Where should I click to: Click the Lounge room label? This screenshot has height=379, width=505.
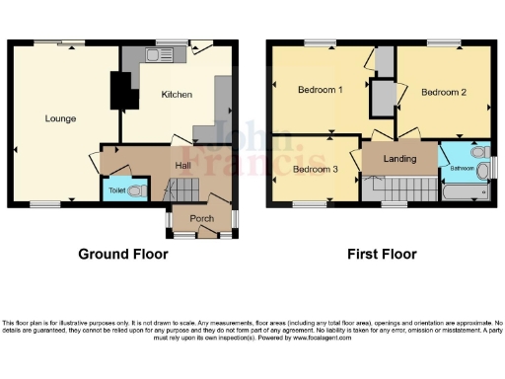pos(60,118)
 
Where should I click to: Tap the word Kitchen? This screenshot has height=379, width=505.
pos(176,95)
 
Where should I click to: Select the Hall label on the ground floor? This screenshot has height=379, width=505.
pos(183,165)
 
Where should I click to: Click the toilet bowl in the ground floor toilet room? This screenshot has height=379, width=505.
pos(137,189)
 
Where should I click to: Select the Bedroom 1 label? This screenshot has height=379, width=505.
pos(320,90)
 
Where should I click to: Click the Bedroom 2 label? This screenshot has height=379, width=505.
pos(443,92)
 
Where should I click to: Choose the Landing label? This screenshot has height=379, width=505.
pos(399,158)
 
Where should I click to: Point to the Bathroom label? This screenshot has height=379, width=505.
pos(462,169)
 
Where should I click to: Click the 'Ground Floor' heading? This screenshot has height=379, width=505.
pos(123,254)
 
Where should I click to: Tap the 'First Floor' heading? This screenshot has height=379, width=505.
pos(382,254)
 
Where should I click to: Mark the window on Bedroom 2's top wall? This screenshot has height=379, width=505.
pos(443,43)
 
